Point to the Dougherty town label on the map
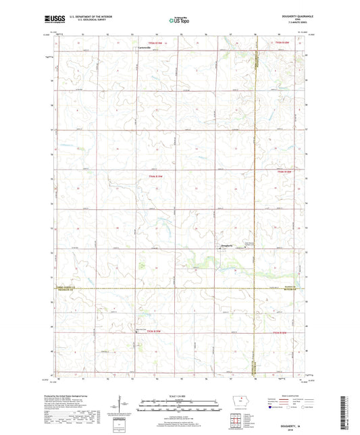click(227, 245)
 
